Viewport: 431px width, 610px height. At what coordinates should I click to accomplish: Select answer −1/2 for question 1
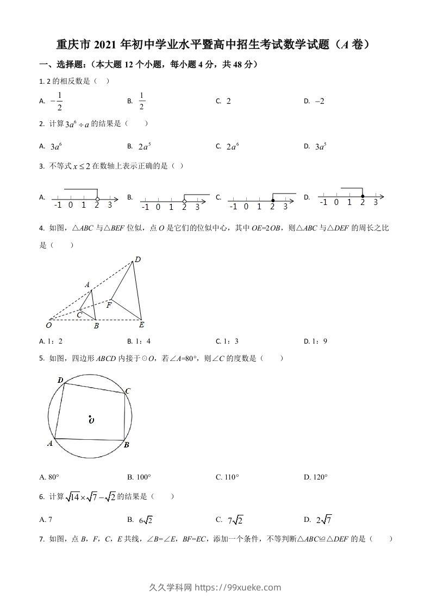57,101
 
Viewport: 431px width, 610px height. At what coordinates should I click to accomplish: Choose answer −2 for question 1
319,101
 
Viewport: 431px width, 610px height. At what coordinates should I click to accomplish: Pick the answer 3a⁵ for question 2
321,146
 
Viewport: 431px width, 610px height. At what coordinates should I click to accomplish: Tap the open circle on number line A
97,200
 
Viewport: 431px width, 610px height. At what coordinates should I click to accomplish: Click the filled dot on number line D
363,196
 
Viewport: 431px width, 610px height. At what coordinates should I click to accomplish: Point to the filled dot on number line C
272,201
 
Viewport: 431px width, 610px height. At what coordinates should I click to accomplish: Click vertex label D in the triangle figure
138,260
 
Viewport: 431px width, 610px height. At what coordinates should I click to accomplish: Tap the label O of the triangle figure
49,325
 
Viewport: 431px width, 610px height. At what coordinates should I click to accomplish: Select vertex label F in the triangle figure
109,305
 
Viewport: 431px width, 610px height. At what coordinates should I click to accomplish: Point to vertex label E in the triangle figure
141,325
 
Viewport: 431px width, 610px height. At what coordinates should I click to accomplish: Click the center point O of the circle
90,418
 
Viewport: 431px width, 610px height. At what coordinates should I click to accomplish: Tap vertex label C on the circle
128,391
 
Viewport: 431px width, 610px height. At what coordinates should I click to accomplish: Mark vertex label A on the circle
50,443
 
